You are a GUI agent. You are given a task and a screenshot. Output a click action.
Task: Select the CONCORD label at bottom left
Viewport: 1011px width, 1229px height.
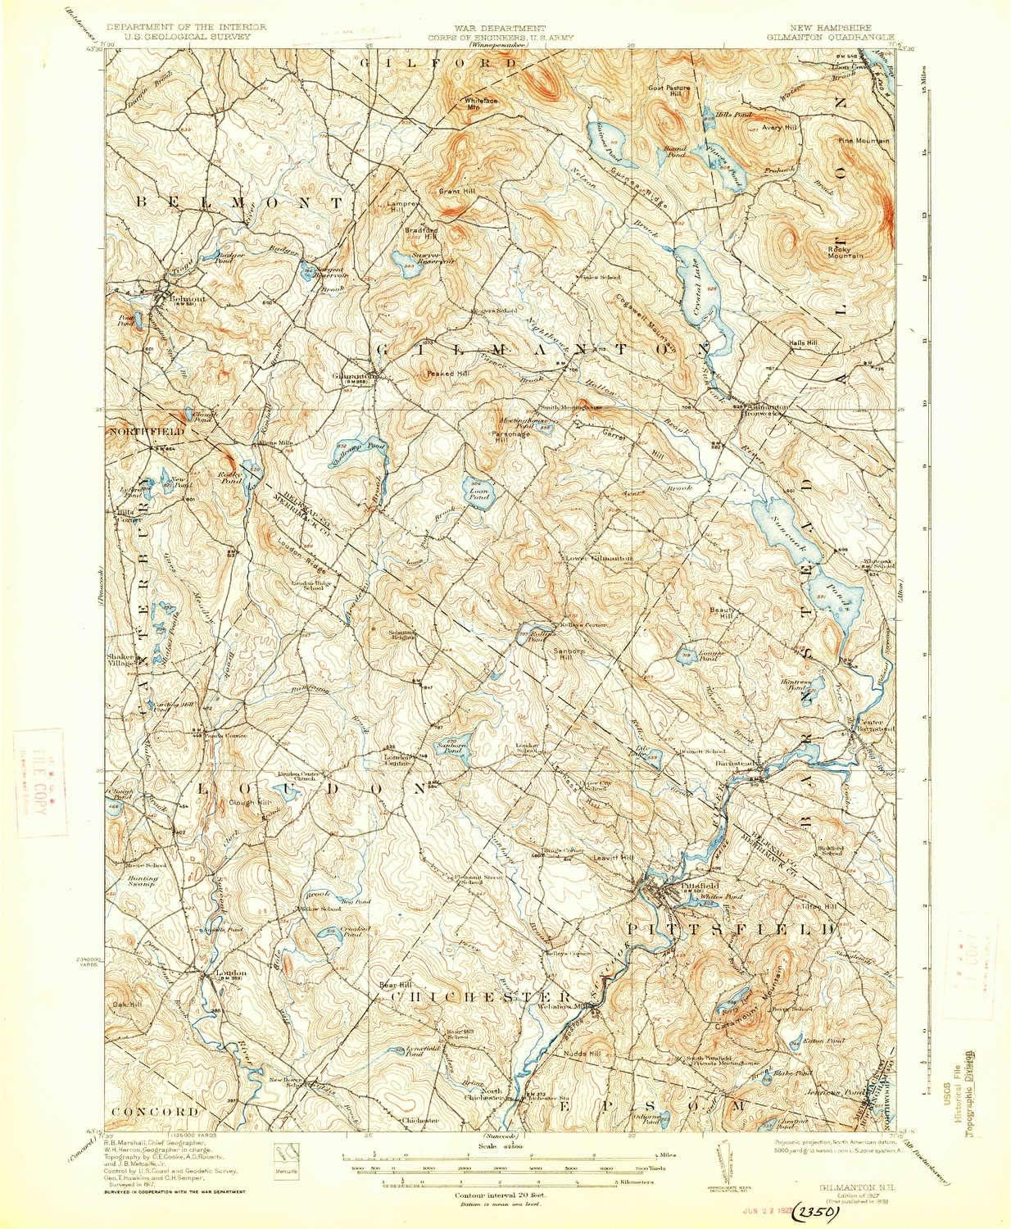pyautogui.click(x=163, y=1112)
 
